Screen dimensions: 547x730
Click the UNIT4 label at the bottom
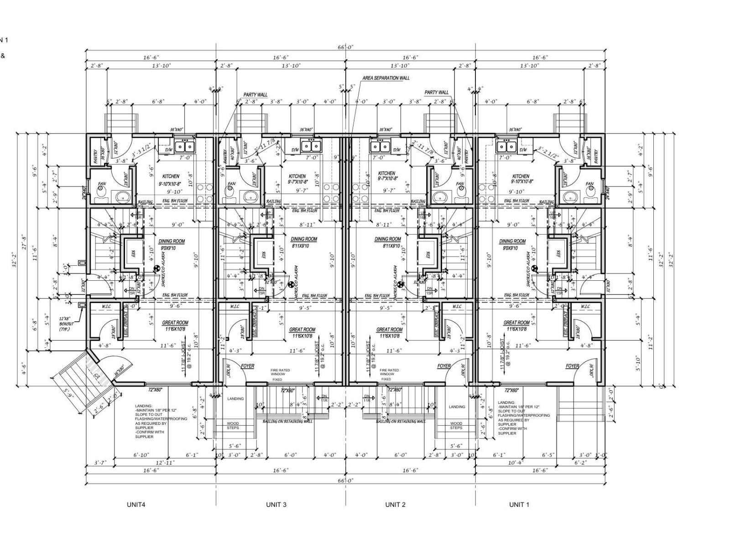pos(136,505)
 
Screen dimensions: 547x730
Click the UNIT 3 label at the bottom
pos(276,505)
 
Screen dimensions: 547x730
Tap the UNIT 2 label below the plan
pos(395,505)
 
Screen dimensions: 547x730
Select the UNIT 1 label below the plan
pos(519,505)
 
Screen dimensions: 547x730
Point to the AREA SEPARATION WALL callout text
pos(386,78)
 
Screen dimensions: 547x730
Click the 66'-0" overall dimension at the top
pos(345,47)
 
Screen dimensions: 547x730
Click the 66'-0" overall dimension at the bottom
pos(345,480)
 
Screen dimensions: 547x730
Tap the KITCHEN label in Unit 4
pos(171,176)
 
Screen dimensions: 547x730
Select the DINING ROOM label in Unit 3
pos(304,239)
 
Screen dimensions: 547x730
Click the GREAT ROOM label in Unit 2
pos(389,330)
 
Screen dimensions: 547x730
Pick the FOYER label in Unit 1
pos(572,366)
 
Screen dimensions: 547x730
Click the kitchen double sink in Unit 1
pos(506,147)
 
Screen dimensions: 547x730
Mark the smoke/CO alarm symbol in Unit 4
pos(157,269)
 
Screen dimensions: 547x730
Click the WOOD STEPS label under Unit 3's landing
pos(233,425)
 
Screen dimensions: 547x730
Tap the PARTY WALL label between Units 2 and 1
pos(436,93)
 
